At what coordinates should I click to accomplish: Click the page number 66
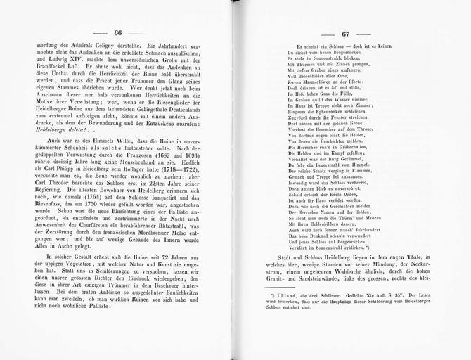(x=118, y=34)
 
